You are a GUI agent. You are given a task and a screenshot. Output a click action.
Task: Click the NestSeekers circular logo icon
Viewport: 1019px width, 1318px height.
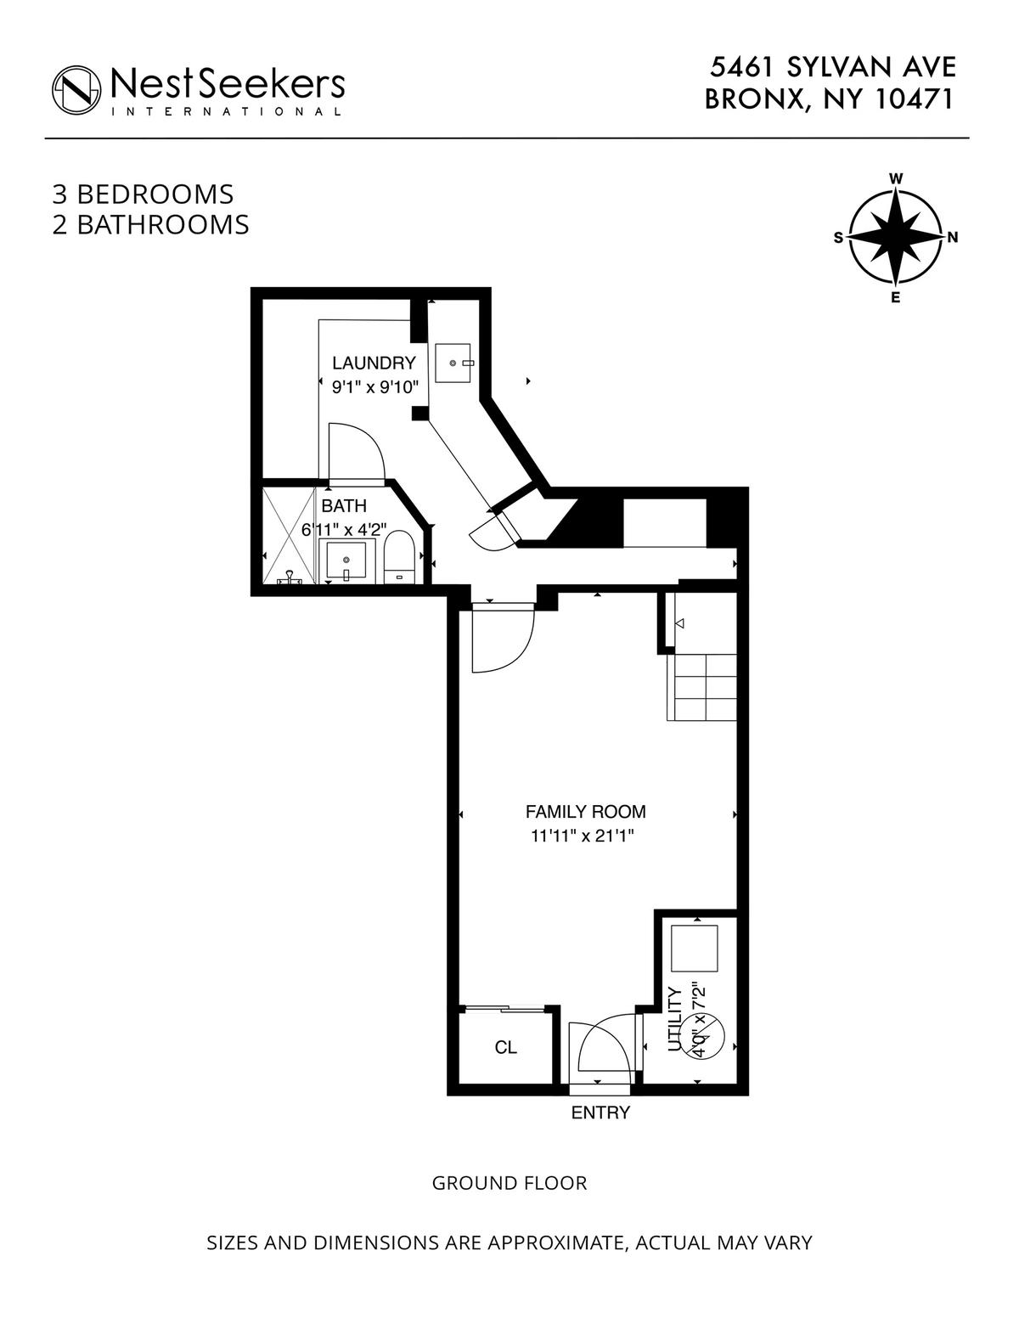[x=76, y=90]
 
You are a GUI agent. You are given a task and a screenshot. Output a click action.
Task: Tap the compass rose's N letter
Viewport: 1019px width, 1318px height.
[x=952, y=238]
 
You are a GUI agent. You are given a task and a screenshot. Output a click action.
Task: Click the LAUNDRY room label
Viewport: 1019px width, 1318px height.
[x=374, y=363]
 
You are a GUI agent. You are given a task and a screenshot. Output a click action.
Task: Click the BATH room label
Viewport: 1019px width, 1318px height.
[x=344, y=505]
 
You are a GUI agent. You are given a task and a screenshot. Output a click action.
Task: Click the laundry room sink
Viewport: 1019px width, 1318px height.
[x=453, y=363]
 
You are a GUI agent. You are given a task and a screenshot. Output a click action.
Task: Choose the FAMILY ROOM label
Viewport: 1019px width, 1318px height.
[x=586, y=811]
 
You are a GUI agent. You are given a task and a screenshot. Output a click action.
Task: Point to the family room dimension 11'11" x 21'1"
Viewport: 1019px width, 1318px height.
[x=582, y=836]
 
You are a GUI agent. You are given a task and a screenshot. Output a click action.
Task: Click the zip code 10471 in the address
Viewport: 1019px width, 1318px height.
[x=915, y=99]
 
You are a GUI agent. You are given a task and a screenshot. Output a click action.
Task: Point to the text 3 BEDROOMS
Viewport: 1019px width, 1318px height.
[x=143, y=194]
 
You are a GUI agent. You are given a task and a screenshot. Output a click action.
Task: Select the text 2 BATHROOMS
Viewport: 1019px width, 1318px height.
[x=151, y=224]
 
